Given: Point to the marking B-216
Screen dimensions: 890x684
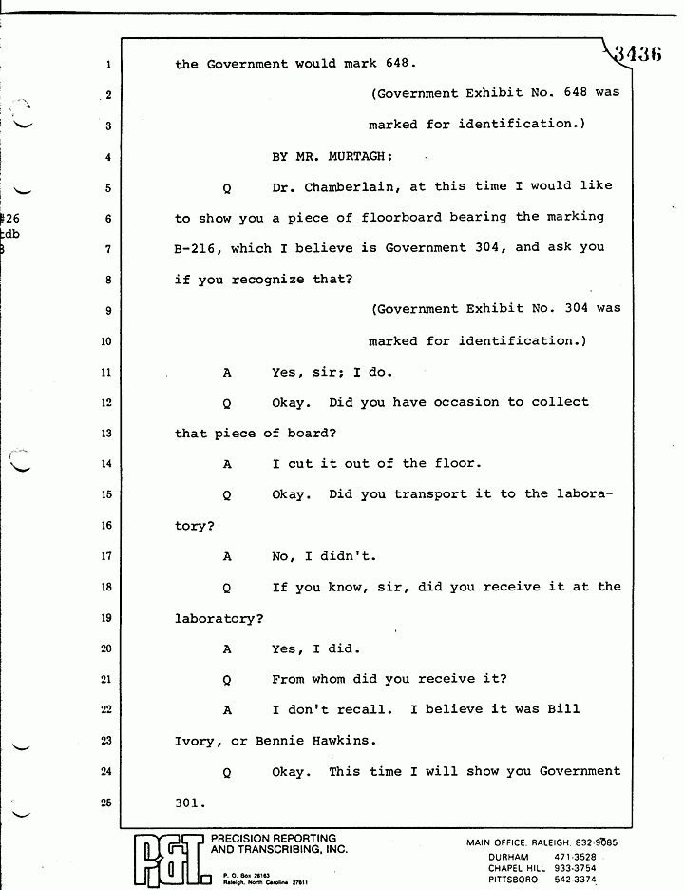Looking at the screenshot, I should coord(199,247).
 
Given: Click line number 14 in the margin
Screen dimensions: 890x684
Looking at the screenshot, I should coord(106,464).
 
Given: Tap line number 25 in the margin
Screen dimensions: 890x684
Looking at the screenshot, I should coord(106,803).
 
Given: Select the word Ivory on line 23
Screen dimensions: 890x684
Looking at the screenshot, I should coord(195,741).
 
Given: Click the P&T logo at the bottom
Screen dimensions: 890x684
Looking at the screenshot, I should coord(167,858).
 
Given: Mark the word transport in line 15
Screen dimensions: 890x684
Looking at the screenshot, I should coord(450,494).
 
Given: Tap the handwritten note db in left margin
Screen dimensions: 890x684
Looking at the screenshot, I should coord(11,234).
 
